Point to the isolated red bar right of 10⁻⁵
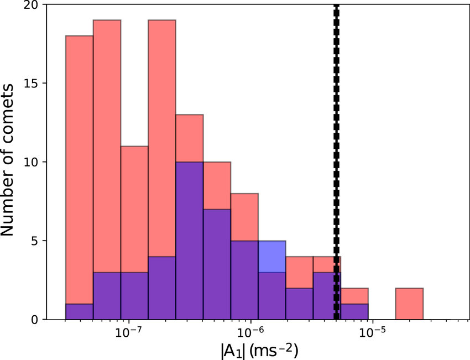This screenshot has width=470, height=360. coord(409,304)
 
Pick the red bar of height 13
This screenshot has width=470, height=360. coord(190,138)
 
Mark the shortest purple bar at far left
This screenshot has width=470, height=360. coord(79,312)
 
